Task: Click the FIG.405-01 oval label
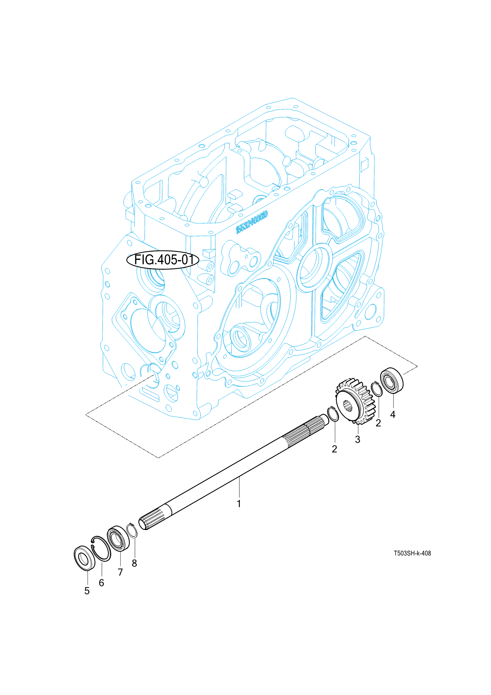point(163,260)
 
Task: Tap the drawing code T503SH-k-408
point(412,553)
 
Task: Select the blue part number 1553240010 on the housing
point(252,222)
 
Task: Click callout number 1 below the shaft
point(239,504)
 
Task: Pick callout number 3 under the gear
point(357,439)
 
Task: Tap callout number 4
point(393,414)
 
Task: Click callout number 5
point(87,591)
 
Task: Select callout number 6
point(101,583)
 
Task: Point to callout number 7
point(120,572)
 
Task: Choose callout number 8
point(134,563)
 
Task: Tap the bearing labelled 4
point(391,380)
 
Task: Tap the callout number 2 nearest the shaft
point(334,449)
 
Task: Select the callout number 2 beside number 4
point(378,423)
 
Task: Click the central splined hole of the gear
point(347,406)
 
